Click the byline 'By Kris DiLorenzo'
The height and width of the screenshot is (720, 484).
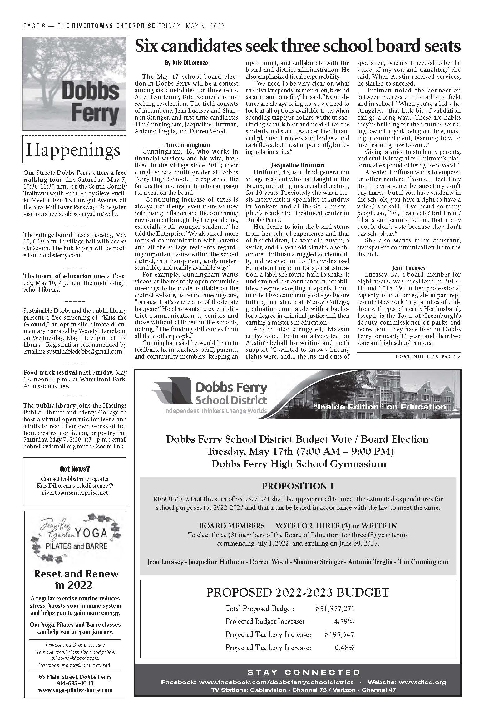(186, 63)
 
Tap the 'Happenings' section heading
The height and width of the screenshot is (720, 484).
(73, 150)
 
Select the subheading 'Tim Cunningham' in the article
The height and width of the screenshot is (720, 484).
(186, 145)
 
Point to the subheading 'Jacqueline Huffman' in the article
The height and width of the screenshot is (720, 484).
(297, 165)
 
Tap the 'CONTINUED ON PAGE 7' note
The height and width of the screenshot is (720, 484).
(428, 357)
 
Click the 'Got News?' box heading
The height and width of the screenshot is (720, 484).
(75, 468)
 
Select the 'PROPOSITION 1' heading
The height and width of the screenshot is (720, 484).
(298, 486)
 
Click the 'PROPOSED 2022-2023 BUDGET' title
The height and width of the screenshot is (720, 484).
(298, 592)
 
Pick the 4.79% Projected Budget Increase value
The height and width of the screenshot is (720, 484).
(344, 621)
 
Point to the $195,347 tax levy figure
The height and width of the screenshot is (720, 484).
(339, 634)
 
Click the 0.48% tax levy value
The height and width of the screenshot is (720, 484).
(344, 648)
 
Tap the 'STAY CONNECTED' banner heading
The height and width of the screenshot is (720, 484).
(304, 672)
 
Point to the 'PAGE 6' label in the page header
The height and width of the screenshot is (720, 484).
(35, 26)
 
